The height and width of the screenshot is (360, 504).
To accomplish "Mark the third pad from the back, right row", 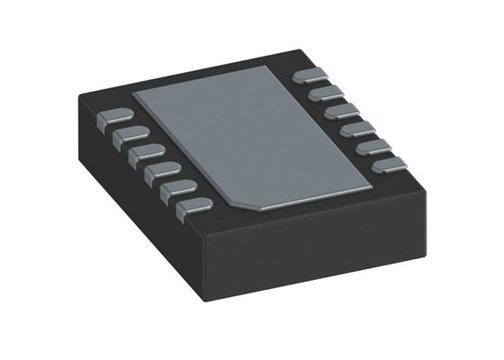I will (339, 111).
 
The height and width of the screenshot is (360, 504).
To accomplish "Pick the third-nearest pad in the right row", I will (355, 129).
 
